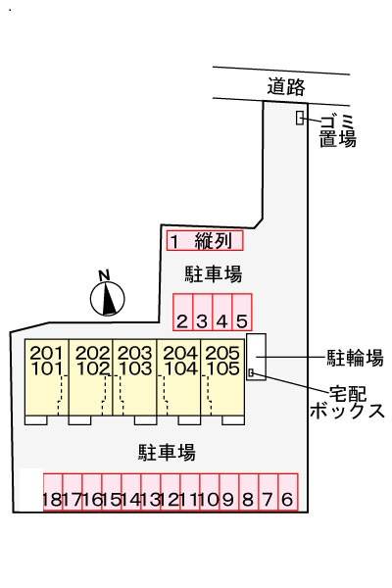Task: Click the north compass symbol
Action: click(109, 296)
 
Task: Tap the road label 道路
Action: click(286, 86)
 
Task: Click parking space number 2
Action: click(182, 312)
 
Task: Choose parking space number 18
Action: click(52, 492)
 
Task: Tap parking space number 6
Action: click(287, 492)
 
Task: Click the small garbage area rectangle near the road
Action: click(300, 119)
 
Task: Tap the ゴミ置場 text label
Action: click(337, 129)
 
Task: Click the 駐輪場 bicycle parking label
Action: click(354, 357)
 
